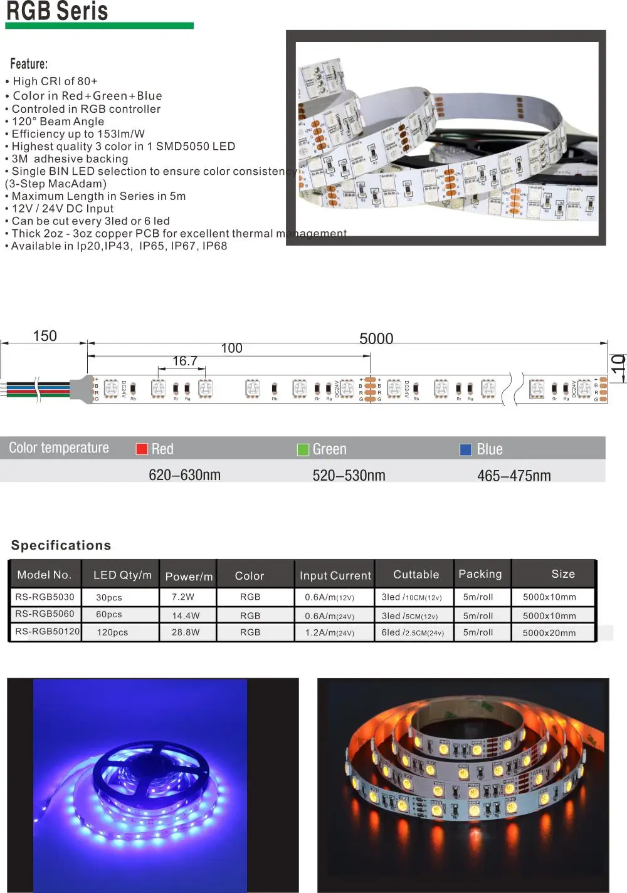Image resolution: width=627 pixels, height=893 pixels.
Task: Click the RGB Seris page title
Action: click(57, 11)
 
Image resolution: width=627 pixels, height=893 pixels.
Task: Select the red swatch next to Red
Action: click(142, 449)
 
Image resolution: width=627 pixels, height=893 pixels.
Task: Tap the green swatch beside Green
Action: click(303, 449)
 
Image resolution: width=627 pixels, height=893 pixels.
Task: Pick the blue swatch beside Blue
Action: click(466, 449)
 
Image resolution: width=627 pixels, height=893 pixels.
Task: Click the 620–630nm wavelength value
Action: click(184, 475)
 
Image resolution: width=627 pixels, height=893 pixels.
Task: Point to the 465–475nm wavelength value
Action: click(514, 476)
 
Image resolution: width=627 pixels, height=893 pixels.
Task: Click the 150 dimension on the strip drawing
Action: click(45, 336)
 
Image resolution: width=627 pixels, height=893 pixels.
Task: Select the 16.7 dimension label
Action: click(185, 361)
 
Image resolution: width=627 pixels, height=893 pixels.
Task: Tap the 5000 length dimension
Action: click(376, 338)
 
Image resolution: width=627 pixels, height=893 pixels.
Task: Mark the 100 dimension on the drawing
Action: click(231, 348)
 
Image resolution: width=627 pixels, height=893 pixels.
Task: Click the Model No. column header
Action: click(45, 575)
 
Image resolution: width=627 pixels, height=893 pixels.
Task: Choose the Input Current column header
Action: click(335, 575)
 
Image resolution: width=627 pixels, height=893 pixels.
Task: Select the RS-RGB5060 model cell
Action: click(45, 614)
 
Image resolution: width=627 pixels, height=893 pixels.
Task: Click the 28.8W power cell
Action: click(186, 632)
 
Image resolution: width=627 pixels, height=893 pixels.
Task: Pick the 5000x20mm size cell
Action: click(549, 633)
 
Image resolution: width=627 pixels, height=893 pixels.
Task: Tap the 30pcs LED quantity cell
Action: click(109, 598)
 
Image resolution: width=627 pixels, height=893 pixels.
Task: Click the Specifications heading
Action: click(61, 545)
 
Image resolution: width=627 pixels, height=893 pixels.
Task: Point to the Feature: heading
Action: click(29, 64)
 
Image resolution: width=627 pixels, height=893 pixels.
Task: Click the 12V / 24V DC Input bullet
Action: click(63, 209)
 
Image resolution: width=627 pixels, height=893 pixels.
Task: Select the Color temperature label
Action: click(59, 447)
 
